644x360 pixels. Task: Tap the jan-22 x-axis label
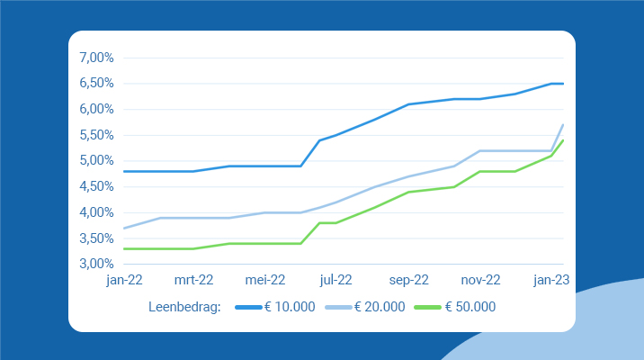pyautogui.click(x=124, y=280)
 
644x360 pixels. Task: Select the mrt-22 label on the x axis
pyautogui.click(x=193, y=280)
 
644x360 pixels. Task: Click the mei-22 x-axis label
pyautogui.click(x=265, y=280)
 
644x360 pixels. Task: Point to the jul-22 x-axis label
pyautogui.click(x=335, y=280)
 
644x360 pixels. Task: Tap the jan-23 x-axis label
pyautogui.click(x=550, y=280)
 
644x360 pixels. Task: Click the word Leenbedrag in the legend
pyautogui.click(x=183, y=307)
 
